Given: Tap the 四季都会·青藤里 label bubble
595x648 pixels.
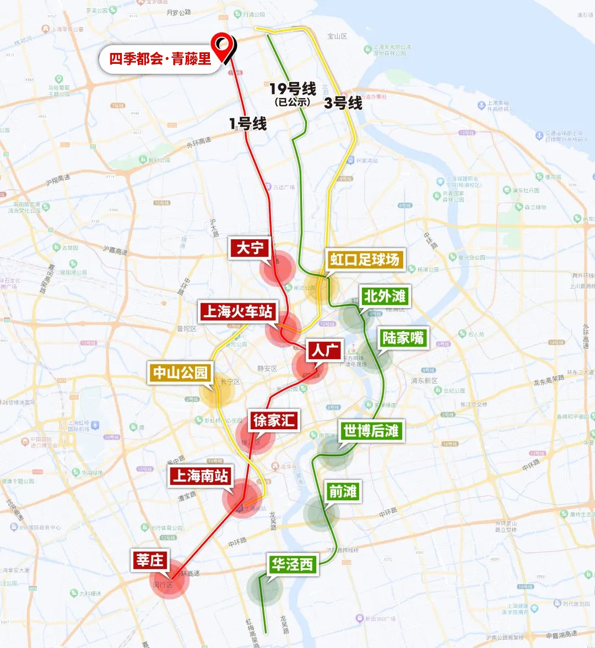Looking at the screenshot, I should pyautogui.click(x=160, y=59).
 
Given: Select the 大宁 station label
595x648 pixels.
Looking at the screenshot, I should pyautogui.click(x=250, y=248).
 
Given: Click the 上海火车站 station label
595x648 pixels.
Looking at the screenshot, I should pyautogui.click(x=238, y=311).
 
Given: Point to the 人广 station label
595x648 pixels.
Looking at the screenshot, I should pyautogui.click(x=325, y=350).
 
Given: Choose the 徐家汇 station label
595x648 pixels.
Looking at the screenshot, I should pyautogui.click(x=274, y=421).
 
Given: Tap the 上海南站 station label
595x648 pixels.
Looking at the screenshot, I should pyautogui.click(x=201, y=476).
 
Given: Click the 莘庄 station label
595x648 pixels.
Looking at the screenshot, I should pyautogui.click(x=150, y=560).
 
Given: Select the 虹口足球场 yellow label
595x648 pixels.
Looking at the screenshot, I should pyautogui.click(x=365, y=260).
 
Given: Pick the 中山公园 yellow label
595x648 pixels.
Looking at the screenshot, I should pyautogui.click(x=180, y=373).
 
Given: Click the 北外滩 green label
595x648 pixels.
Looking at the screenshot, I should pyautogui.click(x=385, y=296).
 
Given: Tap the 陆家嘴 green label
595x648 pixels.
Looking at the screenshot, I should pyautogui.click(x=404, y=338).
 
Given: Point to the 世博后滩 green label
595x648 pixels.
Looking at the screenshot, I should pyautogui.click(x=371, y=430).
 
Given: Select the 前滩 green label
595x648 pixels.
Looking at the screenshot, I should pyautogui.click(x=343, y=491).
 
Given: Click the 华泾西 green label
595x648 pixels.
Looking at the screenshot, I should pyautogui.click(x=292, y=564).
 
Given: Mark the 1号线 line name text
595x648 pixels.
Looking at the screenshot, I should pyautogui.click(x=248, y=123).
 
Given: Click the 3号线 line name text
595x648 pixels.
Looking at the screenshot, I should pyautogui.click(x=343, y=103).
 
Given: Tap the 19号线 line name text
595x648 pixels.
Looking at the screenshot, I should pyautogui.click(x=293, y=89).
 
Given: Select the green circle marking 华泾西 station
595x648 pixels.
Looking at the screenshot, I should pyautogui.click(x=264, y=588).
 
